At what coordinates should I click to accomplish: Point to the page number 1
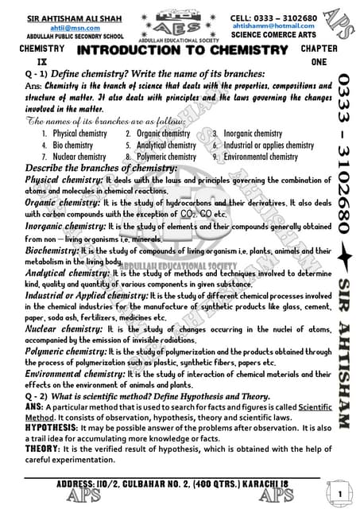point(339,494)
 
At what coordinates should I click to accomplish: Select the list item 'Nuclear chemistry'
point(79,157)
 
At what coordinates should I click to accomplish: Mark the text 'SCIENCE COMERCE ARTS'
point(273,37)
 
